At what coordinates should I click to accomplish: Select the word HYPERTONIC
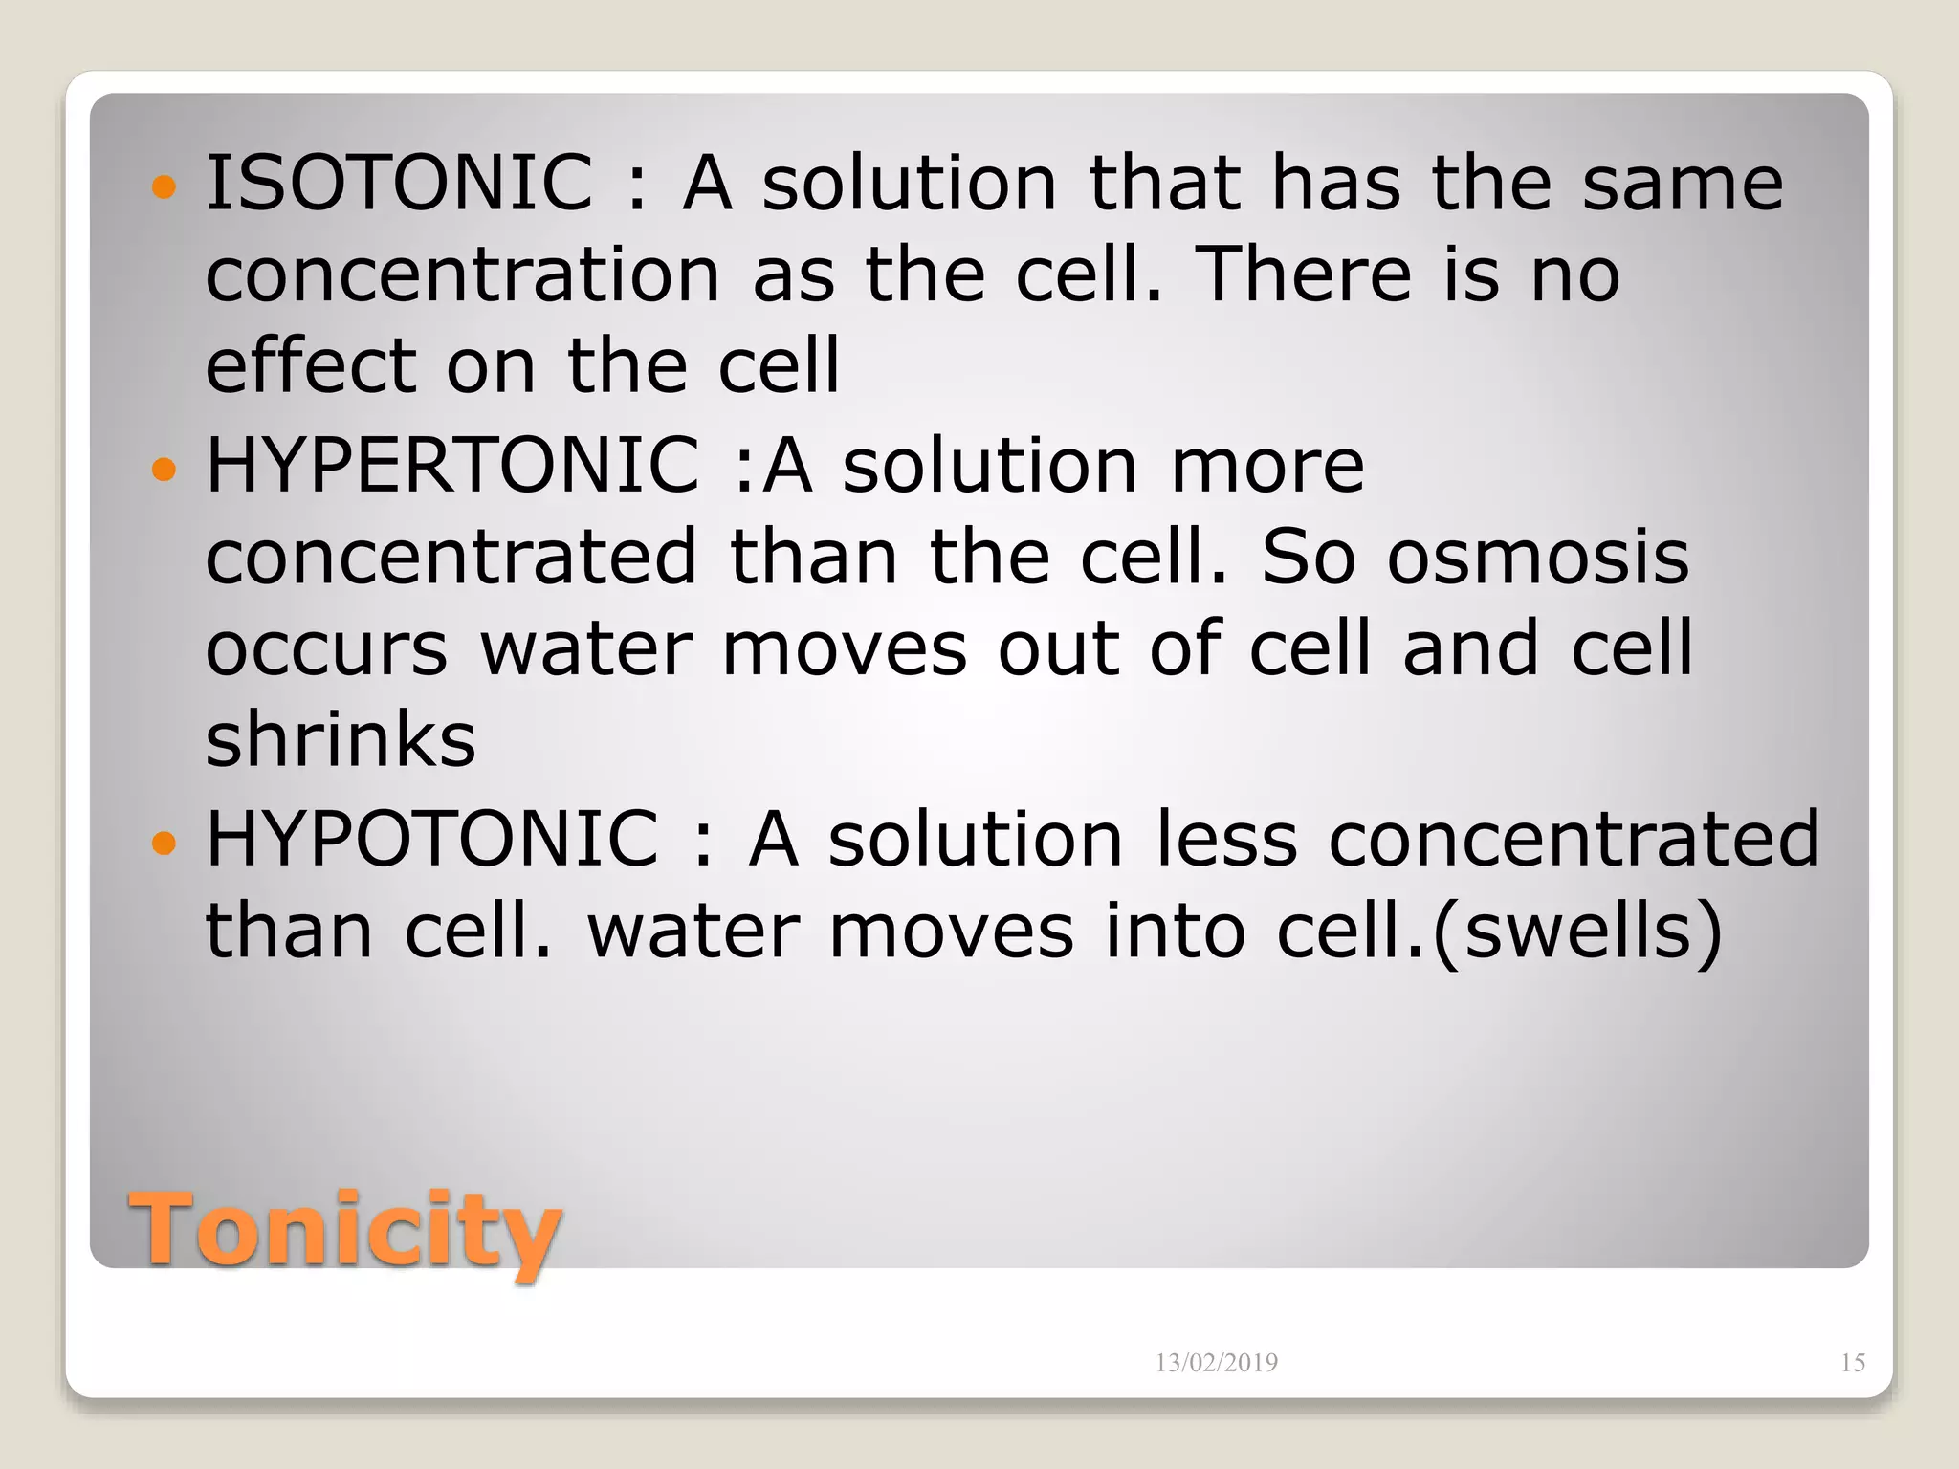point(452,465)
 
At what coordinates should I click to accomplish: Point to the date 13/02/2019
point(1216,1363)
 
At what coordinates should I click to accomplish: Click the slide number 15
point(1852,1363)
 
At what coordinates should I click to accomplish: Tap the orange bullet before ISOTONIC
point(165,186)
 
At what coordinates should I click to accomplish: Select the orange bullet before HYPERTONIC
point(165,469)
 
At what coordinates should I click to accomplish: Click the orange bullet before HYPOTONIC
point(165,843)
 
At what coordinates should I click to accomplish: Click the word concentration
point(463,275)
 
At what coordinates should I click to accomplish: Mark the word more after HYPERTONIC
point(1267,467)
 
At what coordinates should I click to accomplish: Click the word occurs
point(326,650)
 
